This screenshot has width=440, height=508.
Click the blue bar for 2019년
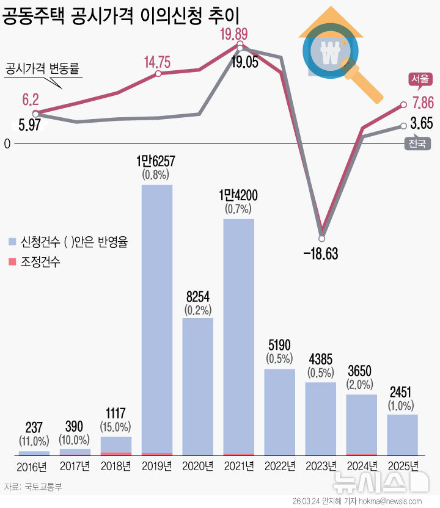pos(157,317)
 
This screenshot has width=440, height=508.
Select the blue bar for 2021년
pos(239,336)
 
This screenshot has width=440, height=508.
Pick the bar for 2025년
pos(402,435)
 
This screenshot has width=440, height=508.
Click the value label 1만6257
pos(157,162)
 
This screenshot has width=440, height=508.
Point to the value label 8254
pos(198,296)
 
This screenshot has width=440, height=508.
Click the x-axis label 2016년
pos(34,467)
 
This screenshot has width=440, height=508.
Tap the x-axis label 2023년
pos(320,467)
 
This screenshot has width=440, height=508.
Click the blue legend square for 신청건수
pos(12,242)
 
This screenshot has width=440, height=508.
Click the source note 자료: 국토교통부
pos(33,487)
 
